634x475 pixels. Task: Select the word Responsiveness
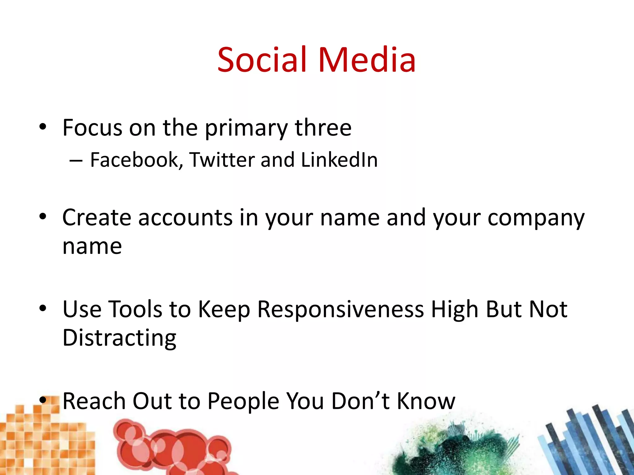(340, 309)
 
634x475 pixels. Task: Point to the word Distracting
(119, 338)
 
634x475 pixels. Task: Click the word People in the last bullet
(243, 401)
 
